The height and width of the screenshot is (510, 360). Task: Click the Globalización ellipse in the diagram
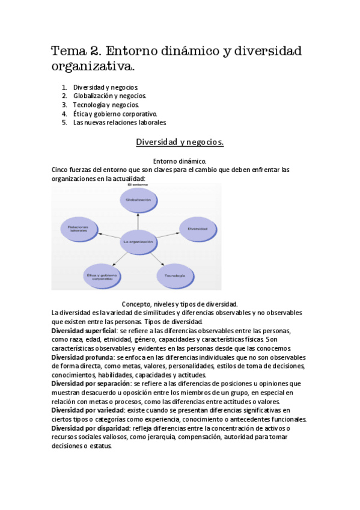click(x=138, y=199)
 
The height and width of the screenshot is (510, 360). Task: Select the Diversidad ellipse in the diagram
click(x=197, y=229)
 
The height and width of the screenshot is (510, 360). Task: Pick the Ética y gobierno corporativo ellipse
click(x=103, y=275)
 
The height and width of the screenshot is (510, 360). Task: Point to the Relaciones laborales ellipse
click(x=79, y=229)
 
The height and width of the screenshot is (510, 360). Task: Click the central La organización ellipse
click(x=138, y=242)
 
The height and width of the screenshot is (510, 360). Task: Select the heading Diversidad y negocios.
click(x=179, y=142)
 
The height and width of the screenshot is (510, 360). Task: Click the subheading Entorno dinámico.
click(x=180, y=161)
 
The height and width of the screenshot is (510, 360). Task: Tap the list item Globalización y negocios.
click(x=109, y=96)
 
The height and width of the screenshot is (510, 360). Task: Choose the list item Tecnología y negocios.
click(x=106, y=105)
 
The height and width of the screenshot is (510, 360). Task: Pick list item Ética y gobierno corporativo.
click(x=115, y=114)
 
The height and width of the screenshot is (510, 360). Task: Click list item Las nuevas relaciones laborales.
click(x=119, y=123)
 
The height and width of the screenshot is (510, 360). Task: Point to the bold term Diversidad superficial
click(x=84, y=331)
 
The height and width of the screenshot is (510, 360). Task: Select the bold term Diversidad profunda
click(x=81, y=357)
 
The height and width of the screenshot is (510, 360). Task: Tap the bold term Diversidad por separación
click(x=90, y=383)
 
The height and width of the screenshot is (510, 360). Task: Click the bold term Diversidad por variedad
click(x=87, y=410)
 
